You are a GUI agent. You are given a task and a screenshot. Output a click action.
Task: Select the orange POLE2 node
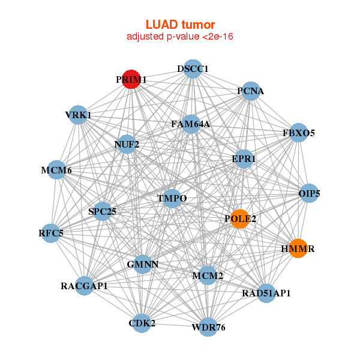click(240, 219)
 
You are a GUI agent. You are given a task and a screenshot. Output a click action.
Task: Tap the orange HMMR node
click(298, 248)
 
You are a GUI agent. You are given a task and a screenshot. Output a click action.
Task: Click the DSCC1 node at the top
click(192, 68)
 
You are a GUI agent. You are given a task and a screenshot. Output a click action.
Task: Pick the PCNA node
click(251, 91)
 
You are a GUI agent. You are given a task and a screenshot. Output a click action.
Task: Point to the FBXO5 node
click(299, 133)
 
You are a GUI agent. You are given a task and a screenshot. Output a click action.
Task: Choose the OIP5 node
click(309, 193)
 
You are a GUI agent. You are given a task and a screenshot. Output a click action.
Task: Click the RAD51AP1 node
click(266, 293)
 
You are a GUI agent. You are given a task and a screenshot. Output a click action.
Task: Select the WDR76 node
click(208, 327)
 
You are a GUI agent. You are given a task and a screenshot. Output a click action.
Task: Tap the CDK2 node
click(142, 323)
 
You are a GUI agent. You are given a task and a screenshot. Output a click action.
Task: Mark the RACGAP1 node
click(85, 286)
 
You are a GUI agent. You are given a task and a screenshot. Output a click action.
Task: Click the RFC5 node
click(51, 233)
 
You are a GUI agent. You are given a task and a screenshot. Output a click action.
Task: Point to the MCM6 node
click(56, 170)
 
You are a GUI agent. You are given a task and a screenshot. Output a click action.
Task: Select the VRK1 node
click(78, 115)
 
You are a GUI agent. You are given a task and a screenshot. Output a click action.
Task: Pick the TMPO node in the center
click(172, 199)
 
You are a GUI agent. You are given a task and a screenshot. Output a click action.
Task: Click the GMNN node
click(142, 263)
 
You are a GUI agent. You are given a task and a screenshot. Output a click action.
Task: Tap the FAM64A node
click(191, 124)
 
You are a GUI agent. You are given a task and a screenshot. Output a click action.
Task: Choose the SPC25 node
click(103, 211)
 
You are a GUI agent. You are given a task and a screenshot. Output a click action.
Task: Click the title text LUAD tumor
click(180, 25)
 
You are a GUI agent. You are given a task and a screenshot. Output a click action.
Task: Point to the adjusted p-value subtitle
click(180, 37)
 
